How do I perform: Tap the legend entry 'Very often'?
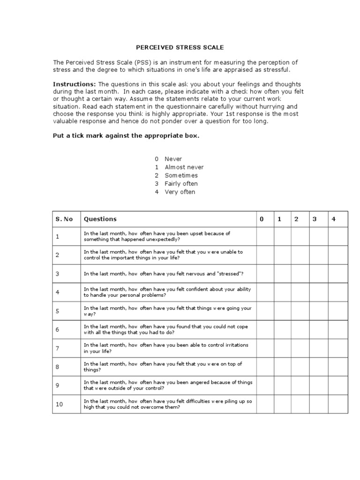click(x=180, y=192)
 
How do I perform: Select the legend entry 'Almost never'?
click(x=184, y=167)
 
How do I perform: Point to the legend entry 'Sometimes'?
click(x=181, y=175)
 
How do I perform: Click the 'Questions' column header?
click(x=100, y=219)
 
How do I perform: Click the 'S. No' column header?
click(x=64, y=219)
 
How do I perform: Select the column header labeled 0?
click(x=262, y=219)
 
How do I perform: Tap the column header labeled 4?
click(x=334, y=219)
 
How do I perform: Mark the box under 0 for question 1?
click(x=265, y=237)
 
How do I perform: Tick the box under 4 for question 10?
click(x=337, y=404)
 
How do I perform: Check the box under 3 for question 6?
click(x=318, y=330)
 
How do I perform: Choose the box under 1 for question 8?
click(x=282, y=367)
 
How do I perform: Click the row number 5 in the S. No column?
click(x=58, y=311)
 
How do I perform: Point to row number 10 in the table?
click(x=59, y=404)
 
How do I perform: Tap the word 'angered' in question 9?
click(x=203, y=382)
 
